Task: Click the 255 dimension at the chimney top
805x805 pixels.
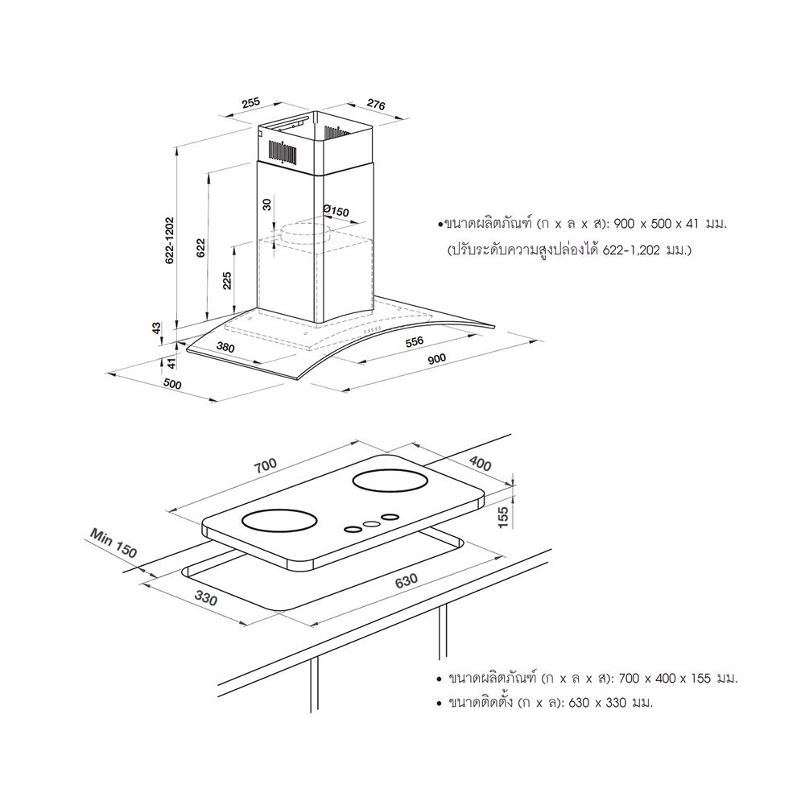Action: (250, 103)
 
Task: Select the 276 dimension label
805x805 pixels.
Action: (376, 105)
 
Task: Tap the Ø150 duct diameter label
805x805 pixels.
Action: (336, 211)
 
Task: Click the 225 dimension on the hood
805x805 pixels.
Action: (227, 281)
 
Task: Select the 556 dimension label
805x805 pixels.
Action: (414, 342)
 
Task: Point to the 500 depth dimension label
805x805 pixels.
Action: (172, 385)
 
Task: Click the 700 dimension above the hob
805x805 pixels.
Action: (265, 465)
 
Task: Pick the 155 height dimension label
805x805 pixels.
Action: (503, 517)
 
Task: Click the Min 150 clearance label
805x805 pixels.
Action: (114, 543)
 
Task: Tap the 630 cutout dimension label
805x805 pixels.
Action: (406, 580)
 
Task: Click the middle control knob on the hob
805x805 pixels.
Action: (371, 523)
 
